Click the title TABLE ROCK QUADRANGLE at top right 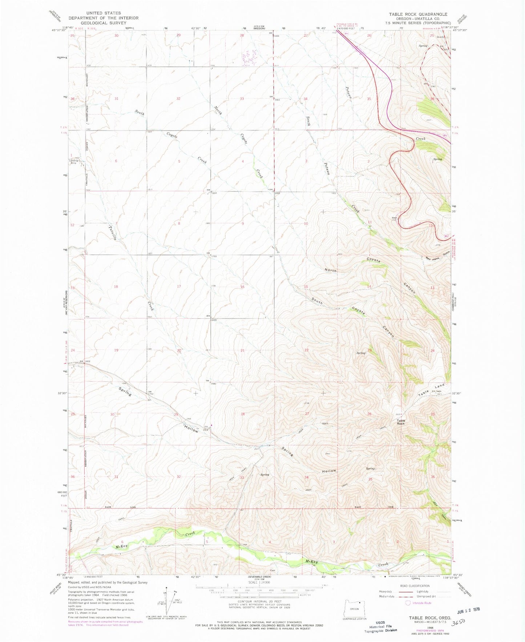pos(418,14)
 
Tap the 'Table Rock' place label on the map pos(400,422)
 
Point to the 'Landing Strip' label pos(73,162)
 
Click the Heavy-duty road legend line pos(396,592)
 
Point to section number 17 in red pos(179,287)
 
